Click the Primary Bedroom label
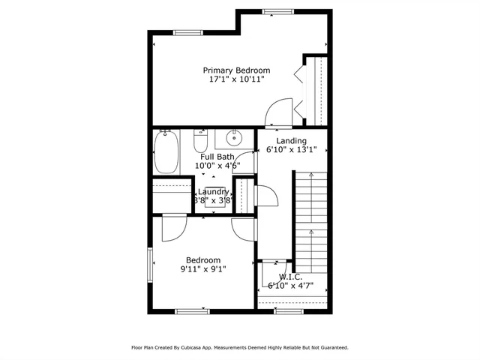[x=236, y=70]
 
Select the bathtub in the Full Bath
[x=166, y=151]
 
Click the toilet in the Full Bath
[x=200, y=140]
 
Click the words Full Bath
[x=215, y=157]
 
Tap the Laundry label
[x=213, y=192]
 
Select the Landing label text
[x=291, y=141]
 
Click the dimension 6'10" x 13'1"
[x=291, y=149]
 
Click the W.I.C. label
[x=290, y=277]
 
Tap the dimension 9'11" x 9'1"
[x=203, y=269]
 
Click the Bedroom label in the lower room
[x=203, y=260]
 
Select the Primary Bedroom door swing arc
[x=277, y=112]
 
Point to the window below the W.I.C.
[x=289, y=310]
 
